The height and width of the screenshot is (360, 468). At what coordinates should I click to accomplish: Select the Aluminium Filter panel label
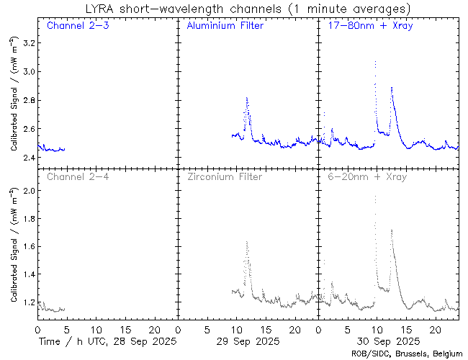point(225,26)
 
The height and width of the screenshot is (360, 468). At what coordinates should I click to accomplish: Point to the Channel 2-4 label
point(76,176)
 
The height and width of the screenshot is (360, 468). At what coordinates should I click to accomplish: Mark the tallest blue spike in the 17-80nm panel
point(375,62)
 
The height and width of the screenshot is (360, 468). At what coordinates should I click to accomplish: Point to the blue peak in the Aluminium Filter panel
point(247,98)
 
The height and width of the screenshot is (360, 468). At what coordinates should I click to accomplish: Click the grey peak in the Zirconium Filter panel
point(247,242)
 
